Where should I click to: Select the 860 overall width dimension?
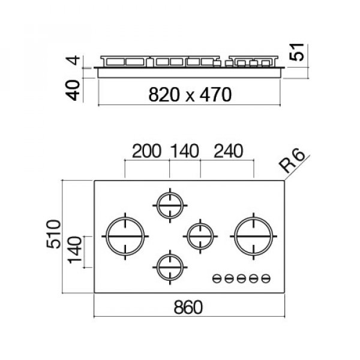tap(188, 307)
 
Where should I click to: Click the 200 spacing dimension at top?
tap(146, 151)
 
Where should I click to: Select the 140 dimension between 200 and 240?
tap(185, 151)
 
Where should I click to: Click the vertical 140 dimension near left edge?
tap(75, 252)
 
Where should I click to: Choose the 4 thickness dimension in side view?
tap(73, 62)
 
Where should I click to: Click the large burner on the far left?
tap(125, 236)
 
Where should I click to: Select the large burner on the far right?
tap(254, 236)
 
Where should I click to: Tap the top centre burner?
tap(170, 207)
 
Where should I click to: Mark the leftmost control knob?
tap(216, 278)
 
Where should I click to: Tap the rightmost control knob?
tap(266, 278)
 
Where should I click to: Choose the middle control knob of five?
tap(241, 278)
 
